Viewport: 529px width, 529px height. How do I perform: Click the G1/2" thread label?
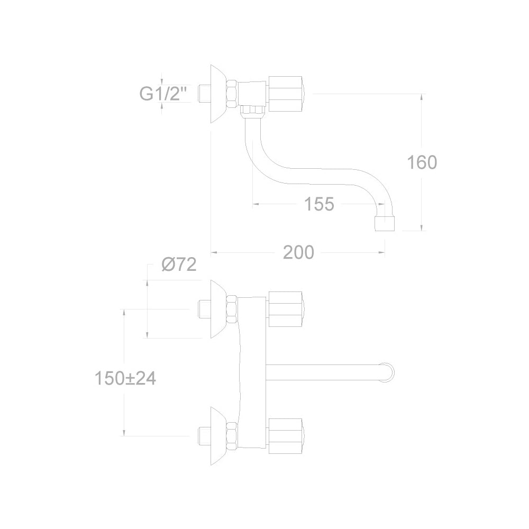(x=163, y=94)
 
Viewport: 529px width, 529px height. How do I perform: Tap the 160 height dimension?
(x=422, y=162)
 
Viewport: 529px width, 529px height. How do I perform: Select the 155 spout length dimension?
(x=319, y=204)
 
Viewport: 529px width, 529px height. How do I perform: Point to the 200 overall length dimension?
(x=298, y=252)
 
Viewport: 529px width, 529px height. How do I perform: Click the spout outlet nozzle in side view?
(x=385, y=224)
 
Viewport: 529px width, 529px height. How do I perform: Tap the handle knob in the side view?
(x=286, y=94)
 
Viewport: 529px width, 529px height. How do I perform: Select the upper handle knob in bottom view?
(x=286, y=309)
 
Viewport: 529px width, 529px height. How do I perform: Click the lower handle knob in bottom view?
(x=286, y=436)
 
